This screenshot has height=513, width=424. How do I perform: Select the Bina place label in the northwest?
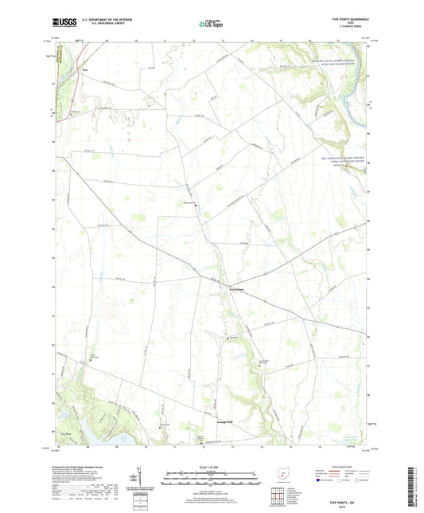(83, 69)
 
